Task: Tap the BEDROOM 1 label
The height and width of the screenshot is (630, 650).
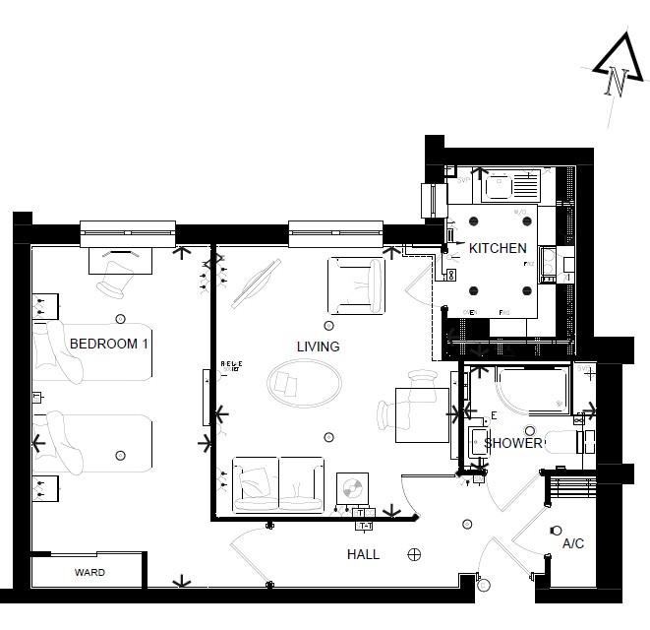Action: (x=109, y=344)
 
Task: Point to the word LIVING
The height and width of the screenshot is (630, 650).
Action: (x=318, y=346)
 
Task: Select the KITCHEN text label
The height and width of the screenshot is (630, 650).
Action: (x=497, y=249)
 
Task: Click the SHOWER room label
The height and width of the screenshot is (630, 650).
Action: (x=511, y=443)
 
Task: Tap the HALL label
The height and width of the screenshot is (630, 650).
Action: (x=363, y=554)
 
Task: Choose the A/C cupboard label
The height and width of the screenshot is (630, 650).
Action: (x=572, y=543)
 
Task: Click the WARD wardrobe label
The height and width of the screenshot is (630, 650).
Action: (x=89, y=572)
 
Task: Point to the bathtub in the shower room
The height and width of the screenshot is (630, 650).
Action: (x=531, y=390)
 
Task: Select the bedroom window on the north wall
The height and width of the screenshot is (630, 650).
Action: (x=127, y=234)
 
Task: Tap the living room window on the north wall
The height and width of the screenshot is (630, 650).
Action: (x=335, y=234)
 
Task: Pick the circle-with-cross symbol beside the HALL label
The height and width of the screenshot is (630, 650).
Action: (x=414, y=554)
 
